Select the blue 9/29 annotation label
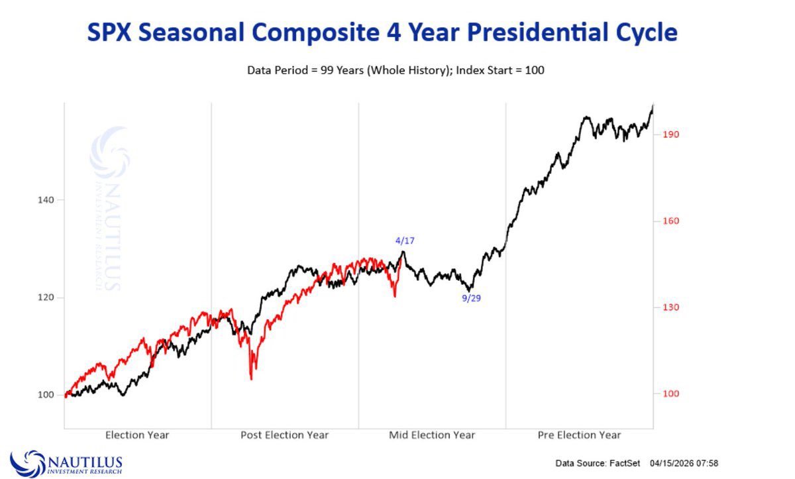[x=471, y=298]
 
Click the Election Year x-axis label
[x=137, y=435]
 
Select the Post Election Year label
[x=284, y=435]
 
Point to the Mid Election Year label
[x=431, y=435]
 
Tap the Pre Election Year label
[x=578, y=435]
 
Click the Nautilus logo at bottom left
[x=66, y=462]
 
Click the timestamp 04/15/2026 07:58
[x=684, y=462]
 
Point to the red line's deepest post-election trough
[x=251, y=378]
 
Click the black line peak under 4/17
[x=403, y=252]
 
